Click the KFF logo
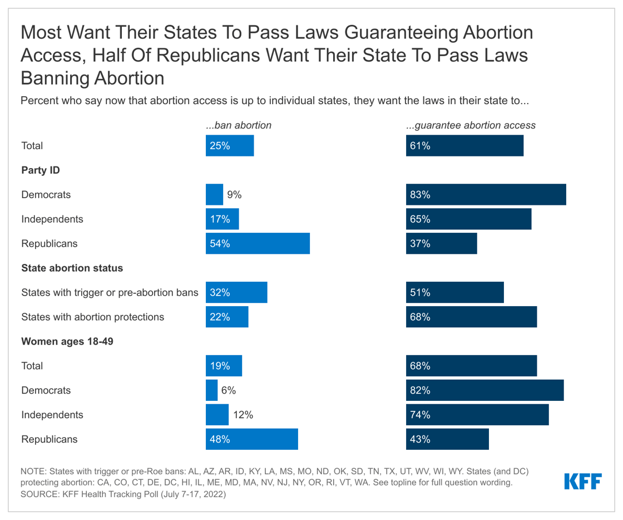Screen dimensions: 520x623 tap(582, 482)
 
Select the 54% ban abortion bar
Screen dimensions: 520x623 tap(258, 244)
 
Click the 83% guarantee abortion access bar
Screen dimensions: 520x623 tap(486, 195)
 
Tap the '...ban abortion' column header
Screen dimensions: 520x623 tap(239, 125)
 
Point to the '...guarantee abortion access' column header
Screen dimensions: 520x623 tap(471, 125)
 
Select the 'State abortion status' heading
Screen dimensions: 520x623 tap(72, 268)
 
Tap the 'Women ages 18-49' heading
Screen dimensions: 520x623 tap(67, 341)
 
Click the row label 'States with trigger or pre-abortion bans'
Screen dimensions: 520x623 tap(110, 293)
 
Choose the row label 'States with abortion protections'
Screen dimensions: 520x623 tap(92, 317)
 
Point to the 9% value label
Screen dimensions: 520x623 tap(234, 195)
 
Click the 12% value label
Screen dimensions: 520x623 tap(243, 415)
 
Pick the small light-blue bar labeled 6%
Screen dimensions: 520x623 tap(211, 390)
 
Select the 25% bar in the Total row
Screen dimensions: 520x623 tap(229, 146)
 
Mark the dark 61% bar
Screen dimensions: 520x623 tap(464, 146)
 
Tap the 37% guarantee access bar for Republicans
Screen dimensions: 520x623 tap(441, 244)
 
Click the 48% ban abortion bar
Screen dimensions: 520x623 tap(251, 439)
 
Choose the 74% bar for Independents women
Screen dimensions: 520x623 tap(477, 415)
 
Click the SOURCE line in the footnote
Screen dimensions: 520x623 tap(123, 494)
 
